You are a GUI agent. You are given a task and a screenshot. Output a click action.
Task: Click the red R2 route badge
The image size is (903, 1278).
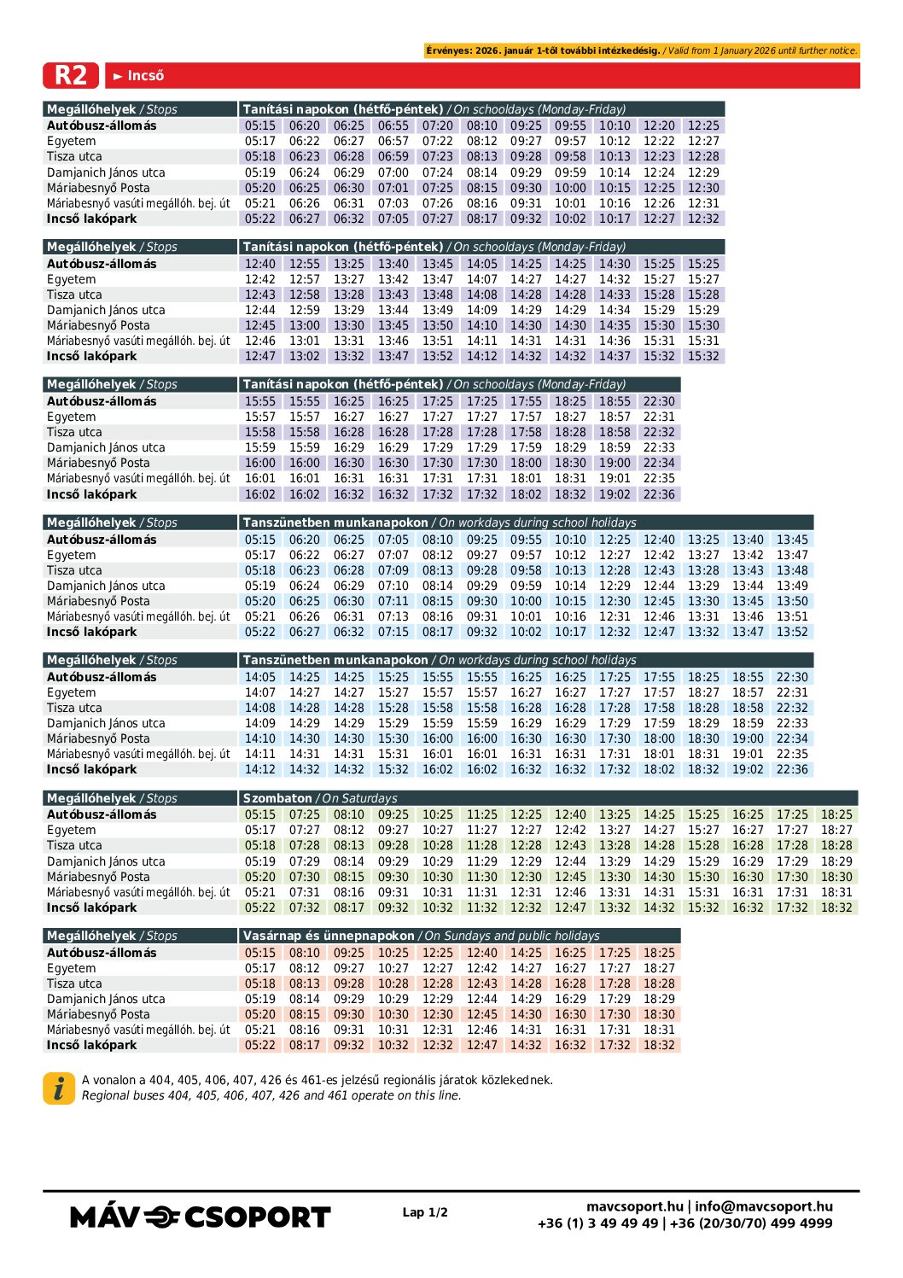click(71, 75)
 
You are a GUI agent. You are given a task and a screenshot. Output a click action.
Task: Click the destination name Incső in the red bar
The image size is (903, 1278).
click(145, 76)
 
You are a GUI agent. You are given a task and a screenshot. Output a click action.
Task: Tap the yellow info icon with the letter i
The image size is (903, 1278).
click(59, 1088)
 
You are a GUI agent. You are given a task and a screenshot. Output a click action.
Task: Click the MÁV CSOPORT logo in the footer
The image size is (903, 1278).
click(200, 1217)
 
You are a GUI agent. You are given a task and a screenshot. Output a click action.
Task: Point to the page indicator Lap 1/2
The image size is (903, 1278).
click(425, 1212)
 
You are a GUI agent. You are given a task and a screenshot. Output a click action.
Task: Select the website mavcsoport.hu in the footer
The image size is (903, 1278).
click(634, 1206)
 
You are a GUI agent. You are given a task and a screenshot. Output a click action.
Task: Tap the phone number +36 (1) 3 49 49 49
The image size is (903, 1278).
click(597, 1223)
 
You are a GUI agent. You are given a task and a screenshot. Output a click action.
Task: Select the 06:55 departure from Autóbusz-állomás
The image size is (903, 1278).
click(393, 125)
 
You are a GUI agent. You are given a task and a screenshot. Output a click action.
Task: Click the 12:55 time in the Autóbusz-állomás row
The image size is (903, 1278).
click(304, 264)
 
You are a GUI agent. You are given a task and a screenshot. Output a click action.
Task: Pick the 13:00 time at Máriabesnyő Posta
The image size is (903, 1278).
click(304, 325)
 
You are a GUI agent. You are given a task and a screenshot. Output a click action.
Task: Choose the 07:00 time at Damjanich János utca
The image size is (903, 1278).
click(393, 172)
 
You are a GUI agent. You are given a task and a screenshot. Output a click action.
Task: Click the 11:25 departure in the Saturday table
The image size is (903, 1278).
click(481, 814)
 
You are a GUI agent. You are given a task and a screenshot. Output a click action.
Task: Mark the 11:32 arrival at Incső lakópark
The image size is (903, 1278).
click(481, 907)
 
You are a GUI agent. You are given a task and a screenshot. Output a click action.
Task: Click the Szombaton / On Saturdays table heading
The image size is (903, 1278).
click(320, 798)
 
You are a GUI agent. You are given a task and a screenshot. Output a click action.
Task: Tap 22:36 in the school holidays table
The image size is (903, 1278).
click(792, 769)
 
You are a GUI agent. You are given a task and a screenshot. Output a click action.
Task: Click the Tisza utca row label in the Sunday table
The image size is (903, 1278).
click(74, 983)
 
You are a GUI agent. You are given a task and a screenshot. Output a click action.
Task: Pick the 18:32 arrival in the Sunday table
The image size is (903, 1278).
click(659, 1045)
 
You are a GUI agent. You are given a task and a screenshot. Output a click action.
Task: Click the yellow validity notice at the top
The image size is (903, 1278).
click(642, 50)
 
